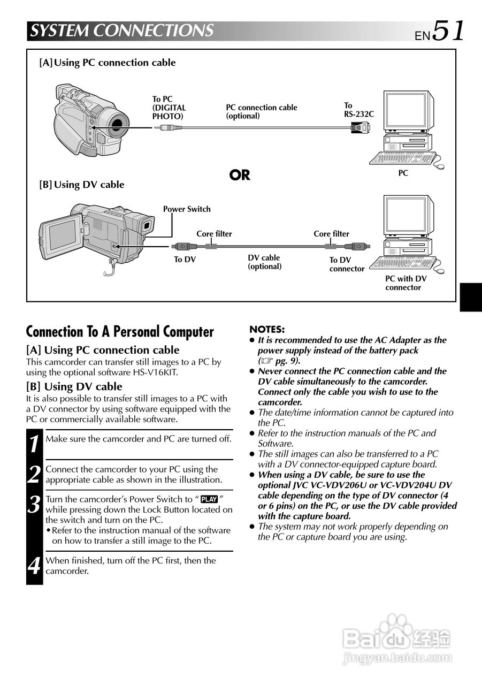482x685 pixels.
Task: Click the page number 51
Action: (448, 31)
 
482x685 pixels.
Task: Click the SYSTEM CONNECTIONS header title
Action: (121, 31)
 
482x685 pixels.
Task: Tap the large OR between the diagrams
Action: (240, 175)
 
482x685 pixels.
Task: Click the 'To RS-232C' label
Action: (358, 110)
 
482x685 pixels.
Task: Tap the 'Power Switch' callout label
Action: (187, 209)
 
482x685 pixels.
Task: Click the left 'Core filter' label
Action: (214, 234)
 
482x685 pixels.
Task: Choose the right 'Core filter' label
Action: (331, 234)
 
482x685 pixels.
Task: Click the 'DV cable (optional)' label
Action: (264, 262)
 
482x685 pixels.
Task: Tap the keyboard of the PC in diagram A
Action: (399, 158)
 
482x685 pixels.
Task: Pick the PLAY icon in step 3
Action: (209, 499)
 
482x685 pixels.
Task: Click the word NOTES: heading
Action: (267, 330)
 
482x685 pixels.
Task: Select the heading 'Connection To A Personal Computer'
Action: (120, 332)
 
